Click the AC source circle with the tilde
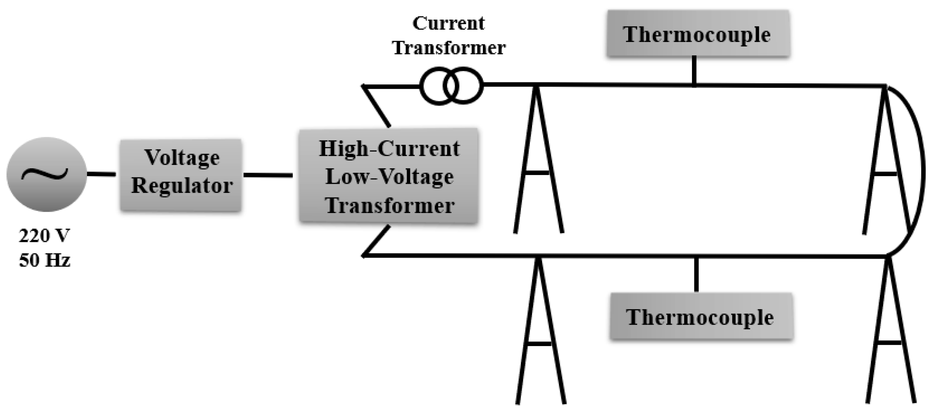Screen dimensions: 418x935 tap(46, 174)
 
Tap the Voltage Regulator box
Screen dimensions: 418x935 tap(181, 174)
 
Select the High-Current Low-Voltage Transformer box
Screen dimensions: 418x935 tap(389, 176)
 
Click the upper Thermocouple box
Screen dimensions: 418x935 tap(698, 34)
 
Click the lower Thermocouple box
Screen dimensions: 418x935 tap(701, 317)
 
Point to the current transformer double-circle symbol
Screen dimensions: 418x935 tap(451, 86)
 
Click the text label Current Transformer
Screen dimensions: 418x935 tap(449, 36)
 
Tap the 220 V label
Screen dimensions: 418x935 tap(44, 236)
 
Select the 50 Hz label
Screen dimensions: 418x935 tap(44, 260)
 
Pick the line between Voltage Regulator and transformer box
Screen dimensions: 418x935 tap(268, 175)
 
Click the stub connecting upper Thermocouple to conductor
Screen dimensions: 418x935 tap(694, 71)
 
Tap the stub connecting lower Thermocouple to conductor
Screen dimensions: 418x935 tap(696, 274)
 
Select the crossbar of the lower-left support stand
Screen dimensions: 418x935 tap(539, 343)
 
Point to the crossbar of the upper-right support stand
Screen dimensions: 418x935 tap(886, 174)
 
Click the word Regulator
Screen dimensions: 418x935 tap(182, 186)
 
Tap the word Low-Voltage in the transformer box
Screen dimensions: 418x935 tap(389, 177)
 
